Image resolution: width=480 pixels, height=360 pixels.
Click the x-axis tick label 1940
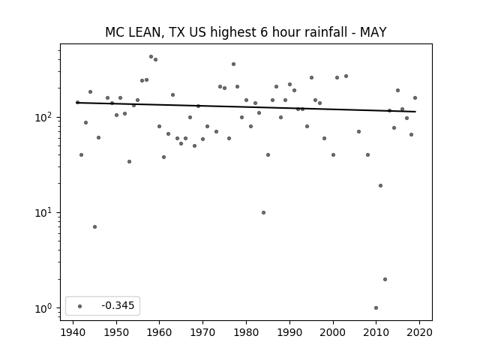click(x=73, y=332)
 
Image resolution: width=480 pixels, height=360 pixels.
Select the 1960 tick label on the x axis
click(x=159, y=332)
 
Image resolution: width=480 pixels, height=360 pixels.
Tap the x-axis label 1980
click(x=246, y=332)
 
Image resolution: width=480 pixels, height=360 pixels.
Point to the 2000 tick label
click(x=333, y=332)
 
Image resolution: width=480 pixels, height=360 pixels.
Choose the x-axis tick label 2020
click(x=419, y=332)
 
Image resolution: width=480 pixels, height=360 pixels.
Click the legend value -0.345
click(x=118, y=305)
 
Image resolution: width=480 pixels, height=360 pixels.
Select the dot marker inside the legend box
click(x=80, y=306)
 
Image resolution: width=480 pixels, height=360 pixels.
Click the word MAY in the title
click(x=373, y=32)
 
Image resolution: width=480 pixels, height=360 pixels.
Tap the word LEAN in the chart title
click(x=143, y=32)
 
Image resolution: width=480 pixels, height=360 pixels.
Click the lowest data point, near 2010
click(x=376, y=308)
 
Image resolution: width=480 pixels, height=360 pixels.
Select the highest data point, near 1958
click(x=151, y=57)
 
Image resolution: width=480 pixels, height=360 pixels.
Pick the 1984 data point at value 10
click(x=263, y=212)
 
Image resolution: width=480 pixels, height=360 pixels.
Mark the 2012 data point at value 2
click(x=385, y=279)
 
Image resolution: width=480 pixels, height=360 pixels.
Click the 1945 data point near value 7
click(x=95, y=226)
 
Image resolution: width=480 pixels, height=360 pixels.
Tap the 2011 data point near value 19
click(x=380, y=185)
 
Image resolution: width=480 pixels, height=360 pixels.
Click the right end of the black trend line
click(x=415, y=112)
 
